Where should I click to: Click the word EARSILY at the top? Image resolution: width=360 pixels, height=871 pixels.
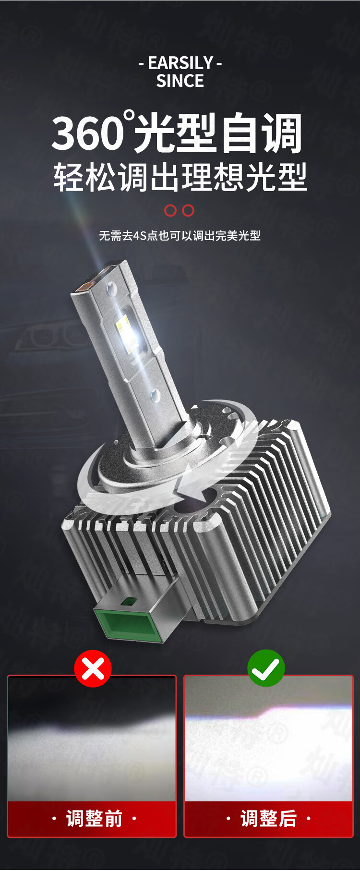[x=180, y=63]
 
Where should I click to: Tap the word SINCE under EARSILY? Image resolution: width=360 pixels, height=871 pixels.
[x=180, y=81]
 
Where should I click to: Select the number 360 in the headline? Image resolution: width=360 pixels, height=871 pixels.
[x=87, y=133]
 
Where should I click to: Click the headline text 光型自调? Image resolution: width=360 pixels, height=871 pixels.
[x=218, y=133]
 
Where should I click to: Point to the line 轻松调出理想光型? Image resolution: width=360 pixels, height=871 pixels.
[x=180, y=177]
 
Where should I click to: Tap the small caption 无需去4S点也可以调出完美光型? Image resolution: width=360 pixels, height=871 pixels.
[x=180, y=236]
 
